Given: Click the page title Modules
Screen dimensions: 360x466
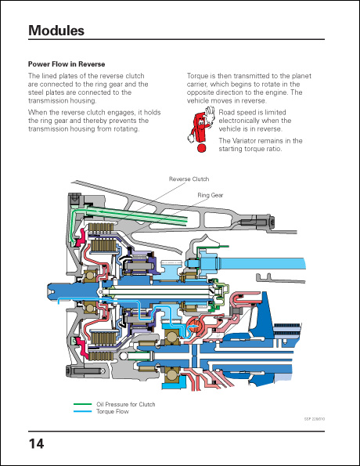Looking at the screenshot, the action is pyautogui.click(x=56, y=31).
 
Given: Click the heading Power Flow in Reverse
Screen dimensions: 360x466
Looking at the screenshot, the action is pyautogui.click(x=67, y=64).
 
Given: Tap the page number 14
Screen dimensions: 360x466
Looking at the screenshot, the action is pyautogui.click(x=36, y=444).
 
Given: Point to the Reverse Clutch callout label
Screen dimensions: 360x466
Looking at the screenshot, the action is pyautogui.click(x=189, y=179).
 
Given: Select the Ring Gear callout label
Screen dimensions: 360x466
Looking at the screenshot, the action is pyautogui.click(x=211, y=195).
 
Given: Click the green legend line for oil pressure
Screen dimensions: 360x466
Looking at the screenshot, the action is pyautogui.click(x=83, y=404).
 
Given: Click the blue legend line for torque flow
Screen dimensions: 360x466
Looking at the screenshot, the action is pyautogui.click(x=83, y=411).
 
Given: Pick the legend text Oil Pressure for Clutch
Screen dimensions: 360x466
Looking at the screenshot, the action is pyautogui.click(x=126, y=404).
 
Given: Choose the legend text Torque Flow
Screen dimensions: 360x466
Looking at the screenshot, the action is pyautogui.click(x=113, y=412).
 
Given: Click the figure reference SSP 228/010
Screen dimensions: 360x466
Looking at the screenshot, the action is pyautogui.click(x=315, y=419).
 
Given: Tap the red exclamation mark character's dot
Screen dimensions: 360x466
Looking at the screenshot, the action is pyautogui.click(x=201, y=148).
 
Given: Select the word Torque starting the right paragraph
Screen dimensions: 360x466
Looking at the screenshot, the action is pyautogui.click(x=196, y=76).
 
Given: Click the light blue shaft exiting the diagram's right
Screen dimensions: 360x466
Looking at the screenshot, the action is pyautogui.click(x=261, y=264).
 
